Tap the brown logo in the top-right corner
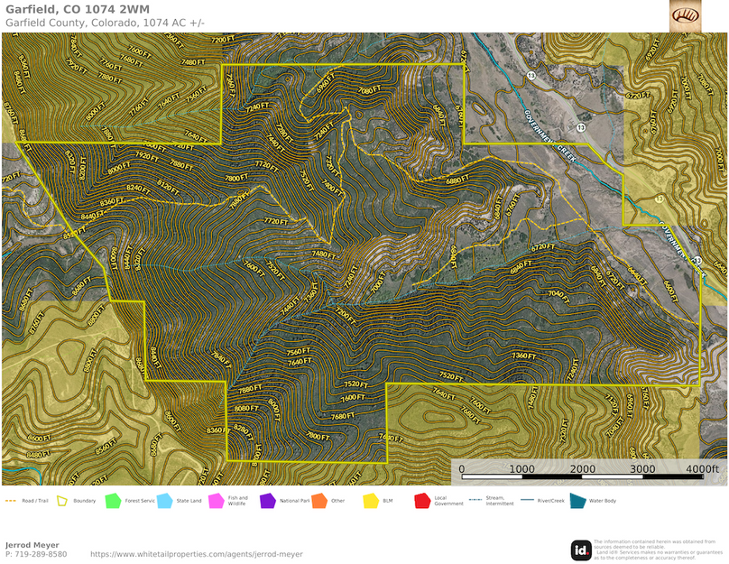[x=685, y=14]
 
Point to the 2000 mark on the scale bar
[x=582, y=469]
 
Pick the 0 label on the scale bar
[x=462, y=469]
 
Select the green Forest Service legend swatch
[x=113, y=500]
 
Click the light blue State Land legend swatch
[x=164, y=500]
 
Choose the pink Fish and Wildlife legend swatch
[x=216, y=500]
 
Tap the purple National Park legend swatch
[x=267, y=500]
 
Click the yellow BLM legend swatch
[x=370, y=500]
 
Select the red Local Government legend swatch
[x=421, y=500]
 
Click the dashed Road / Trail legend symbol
[x=11, y=500]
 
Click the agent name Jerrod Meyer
[x=32, y=545]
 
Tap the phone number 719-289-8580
[x=36, y=554]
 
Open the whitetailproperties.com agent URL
[x=197, y=554]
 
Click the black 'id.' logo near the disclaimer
[x=581, y=550]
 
